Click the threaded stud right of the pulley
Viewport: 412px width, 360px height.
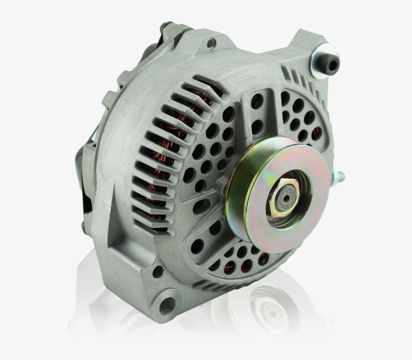coord(340,176)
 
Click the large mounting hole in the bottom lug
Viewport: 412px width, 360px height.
coord(165,304)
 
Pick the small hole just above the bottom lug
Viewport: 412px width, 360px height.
coord(157,272)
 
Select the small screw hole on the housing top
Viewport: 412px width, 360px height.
coord(211,43)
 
